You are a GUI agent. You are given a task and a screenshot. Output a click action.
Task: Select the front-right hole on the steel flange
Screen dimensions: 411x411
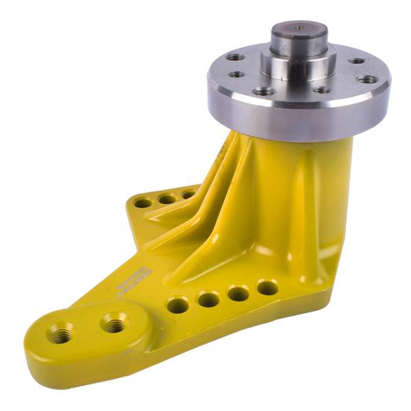[x=321, y=89]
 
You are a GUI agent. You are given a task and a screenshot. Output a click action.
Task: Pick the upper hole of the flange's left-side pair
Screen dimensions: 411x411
[x=236, y=58]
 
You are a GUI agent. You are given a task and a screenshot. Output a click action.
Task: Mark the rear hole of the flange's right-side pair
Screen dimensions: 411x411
[x=356, y=61]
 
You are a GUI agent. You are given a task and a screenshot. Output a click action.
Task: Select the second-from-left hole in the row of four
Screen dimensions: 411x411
[x=208, y=299]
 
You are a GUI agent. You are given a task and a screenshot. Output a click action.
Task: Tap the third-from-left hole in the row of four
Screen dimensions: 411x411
[x=238, y=293]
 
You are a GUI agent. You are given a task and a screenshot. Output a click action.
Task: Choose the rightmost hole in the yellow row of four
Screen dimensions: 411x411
[x=268, y=287]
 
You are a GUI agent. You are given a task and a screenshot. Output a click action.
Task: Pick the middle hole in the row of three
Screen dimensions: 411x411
[x=166, y=199]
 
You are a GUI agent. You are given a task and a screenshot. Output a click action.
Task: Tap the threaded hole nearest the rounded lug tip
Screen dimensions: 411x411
[x=60, y=334]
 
